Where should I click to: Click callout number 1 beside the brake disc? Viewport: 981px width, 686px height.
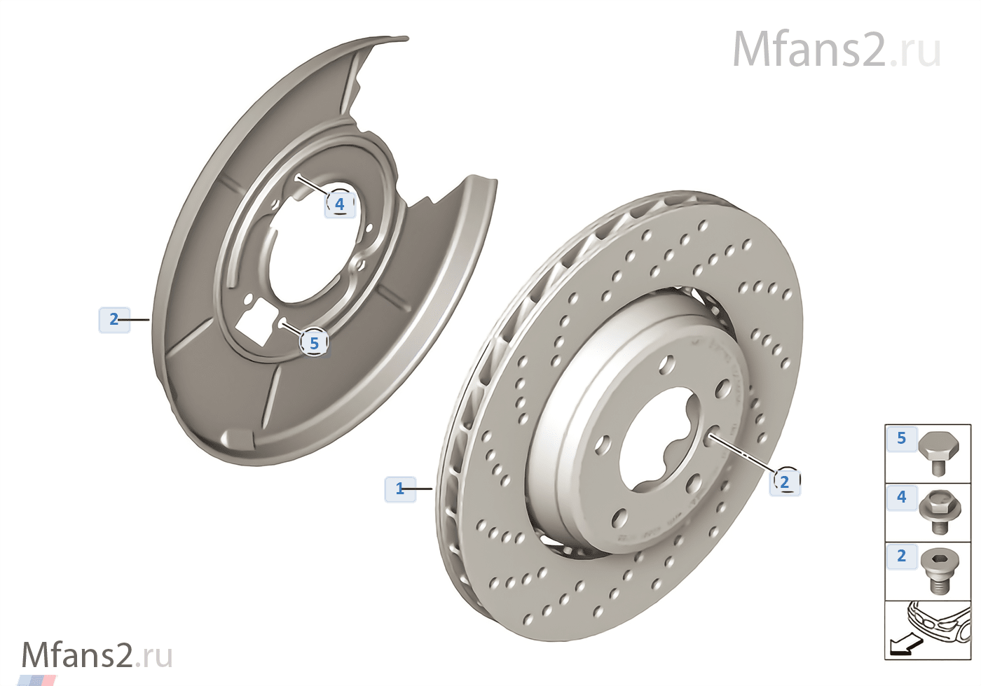400,489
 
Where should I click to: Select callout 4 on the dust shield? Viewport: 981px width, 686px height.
340,204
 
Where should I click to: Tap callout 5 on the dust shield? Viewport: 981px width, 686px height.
314,342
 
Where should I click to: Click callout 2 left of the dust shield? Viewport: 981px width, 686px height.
114,319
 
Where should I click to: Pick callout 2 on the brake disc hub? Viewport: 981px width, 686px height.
785,482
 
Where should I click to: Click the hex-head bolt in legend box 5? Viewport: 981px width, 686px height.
938,454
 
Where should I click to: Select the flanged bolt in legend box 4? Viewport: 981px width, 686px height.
940,512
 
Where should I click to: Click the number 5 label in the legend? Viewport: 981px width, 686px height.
901,438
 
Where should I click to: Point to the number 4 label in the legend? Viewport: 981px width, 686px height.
901,496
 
